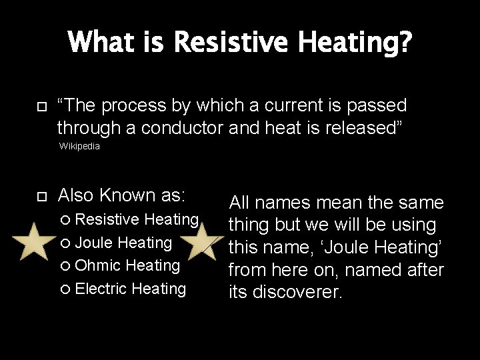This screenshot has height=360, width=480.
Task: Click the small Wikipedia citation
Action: point(79,146)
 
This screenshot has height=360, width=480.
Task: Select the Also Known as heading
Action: point(122,195)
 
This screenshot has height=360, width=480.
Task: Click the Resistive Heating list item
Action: point(136,219)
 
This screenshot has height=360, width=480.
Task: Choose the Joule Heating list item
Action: point(123,243)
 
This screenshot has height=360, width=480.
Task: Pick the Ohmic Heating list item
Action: point(127,265)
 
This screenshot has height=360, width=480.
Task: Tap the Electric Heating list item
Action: point(130,289)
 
